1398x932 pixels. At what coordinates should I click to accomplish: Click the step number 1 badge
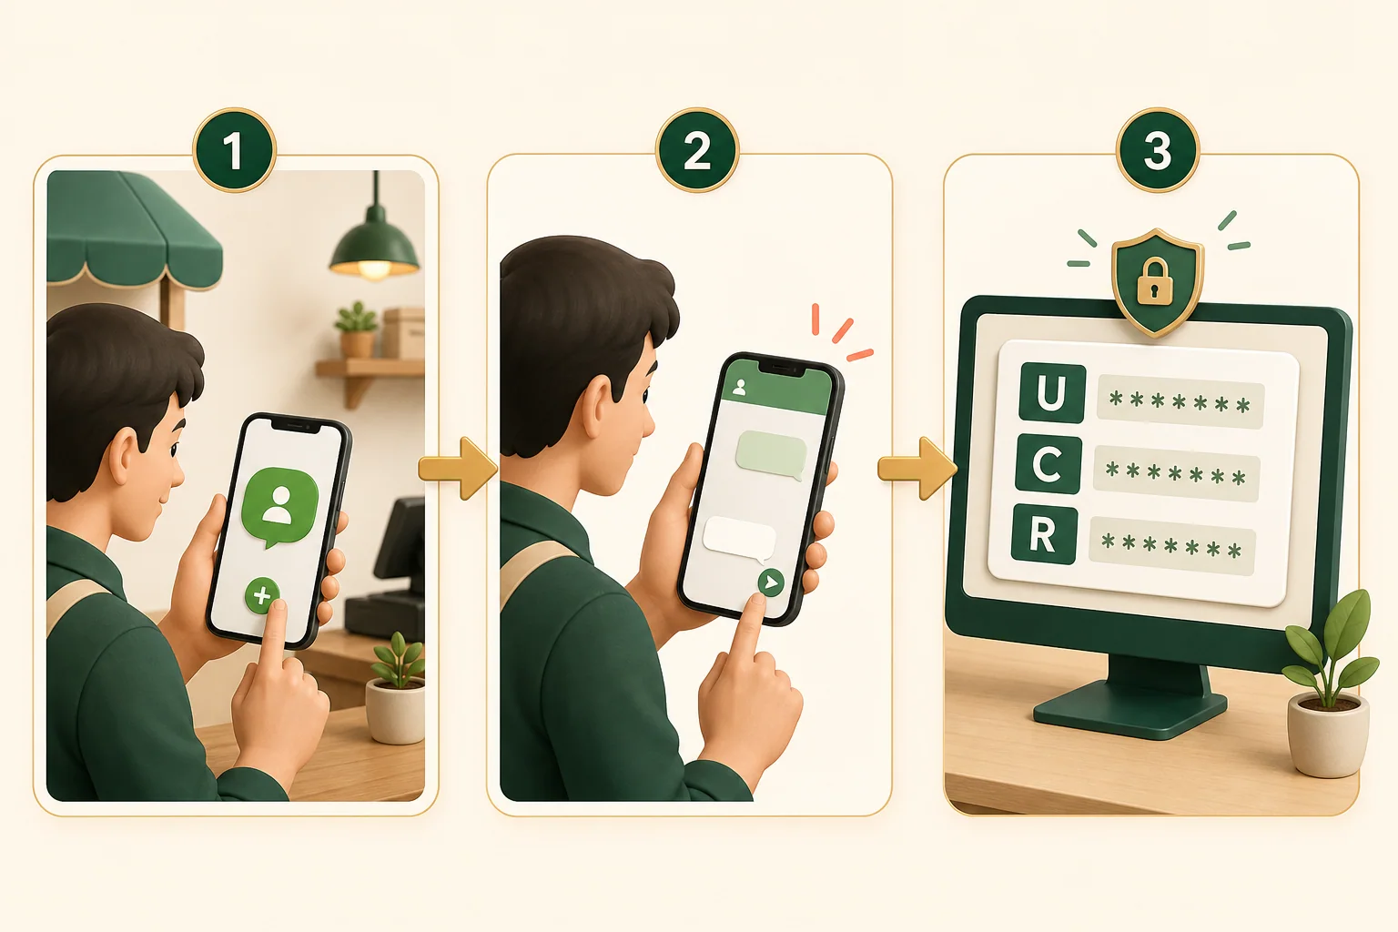click(234, 150)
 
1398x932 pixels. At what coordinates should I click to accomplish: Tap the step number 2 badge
click(697, 150)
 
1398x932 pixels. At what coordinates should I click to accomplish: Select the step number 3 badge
click(1157, 150)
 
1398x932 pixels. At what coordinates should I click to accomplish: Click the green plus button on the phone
click(262, 595)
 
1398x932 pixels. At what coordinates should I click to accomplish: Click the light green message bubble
click(772, 456)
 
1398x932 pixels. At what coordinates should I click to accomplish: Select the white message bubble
click(740, 540)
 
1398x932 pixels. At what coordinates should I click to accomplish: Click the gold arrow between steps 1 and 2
click(458, 468)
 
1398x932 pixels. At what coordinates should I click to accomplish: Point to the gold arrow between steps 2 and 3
click(917, 468)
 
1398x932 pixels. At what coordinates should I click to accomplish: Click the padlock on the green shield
click(1155, 282)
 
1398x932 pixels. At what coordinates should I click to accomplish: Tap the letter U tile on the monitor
click(1051, 393)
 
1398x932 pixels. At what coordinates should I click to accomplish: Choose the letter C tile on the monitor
click(1048, 464)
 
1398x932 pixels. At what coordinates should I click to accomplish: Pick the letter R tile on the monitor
click(1044, 535)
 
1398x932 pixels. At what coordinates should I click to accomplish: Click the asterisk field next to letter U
click(1180, 401)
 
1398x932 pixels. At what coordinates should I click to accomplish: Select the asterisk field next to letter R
click(1172, 543)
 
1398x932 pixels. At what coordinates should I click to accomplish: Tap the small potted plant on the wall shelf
click(357, 329)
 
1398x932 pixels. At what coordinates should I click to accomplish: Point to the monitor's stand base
click(1130, 708)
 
